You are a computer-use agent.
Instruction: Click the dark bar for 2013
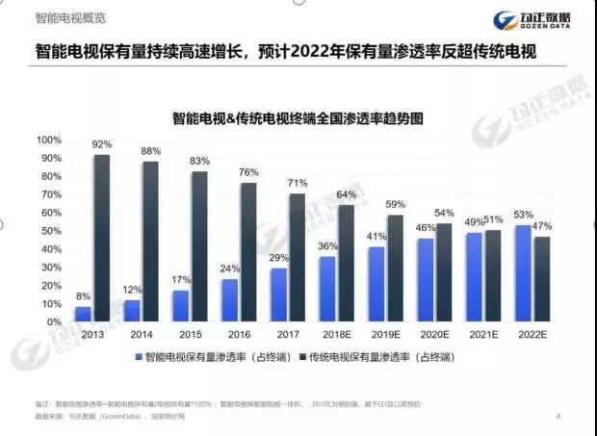101,238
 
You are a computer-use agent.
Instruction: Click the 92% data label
102,144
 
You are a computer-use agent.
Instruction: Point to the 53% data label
522,215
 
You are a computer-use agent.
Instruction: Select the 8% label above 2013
83,296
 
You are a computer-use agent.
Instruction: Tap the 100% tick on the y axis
48,140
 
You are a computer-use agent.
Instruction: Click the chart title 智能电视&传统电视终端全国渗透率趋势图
298,118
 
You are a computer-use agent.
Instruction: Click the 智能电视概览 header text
70,18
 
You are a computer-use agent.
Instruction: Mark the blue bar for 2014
131,311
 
